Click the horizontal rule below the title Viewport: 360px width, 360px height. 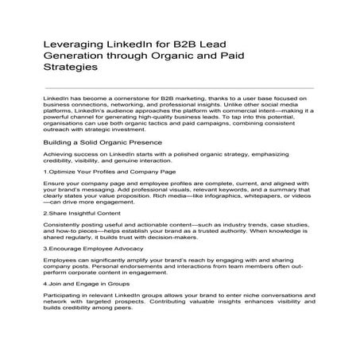tap(180, 87)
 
